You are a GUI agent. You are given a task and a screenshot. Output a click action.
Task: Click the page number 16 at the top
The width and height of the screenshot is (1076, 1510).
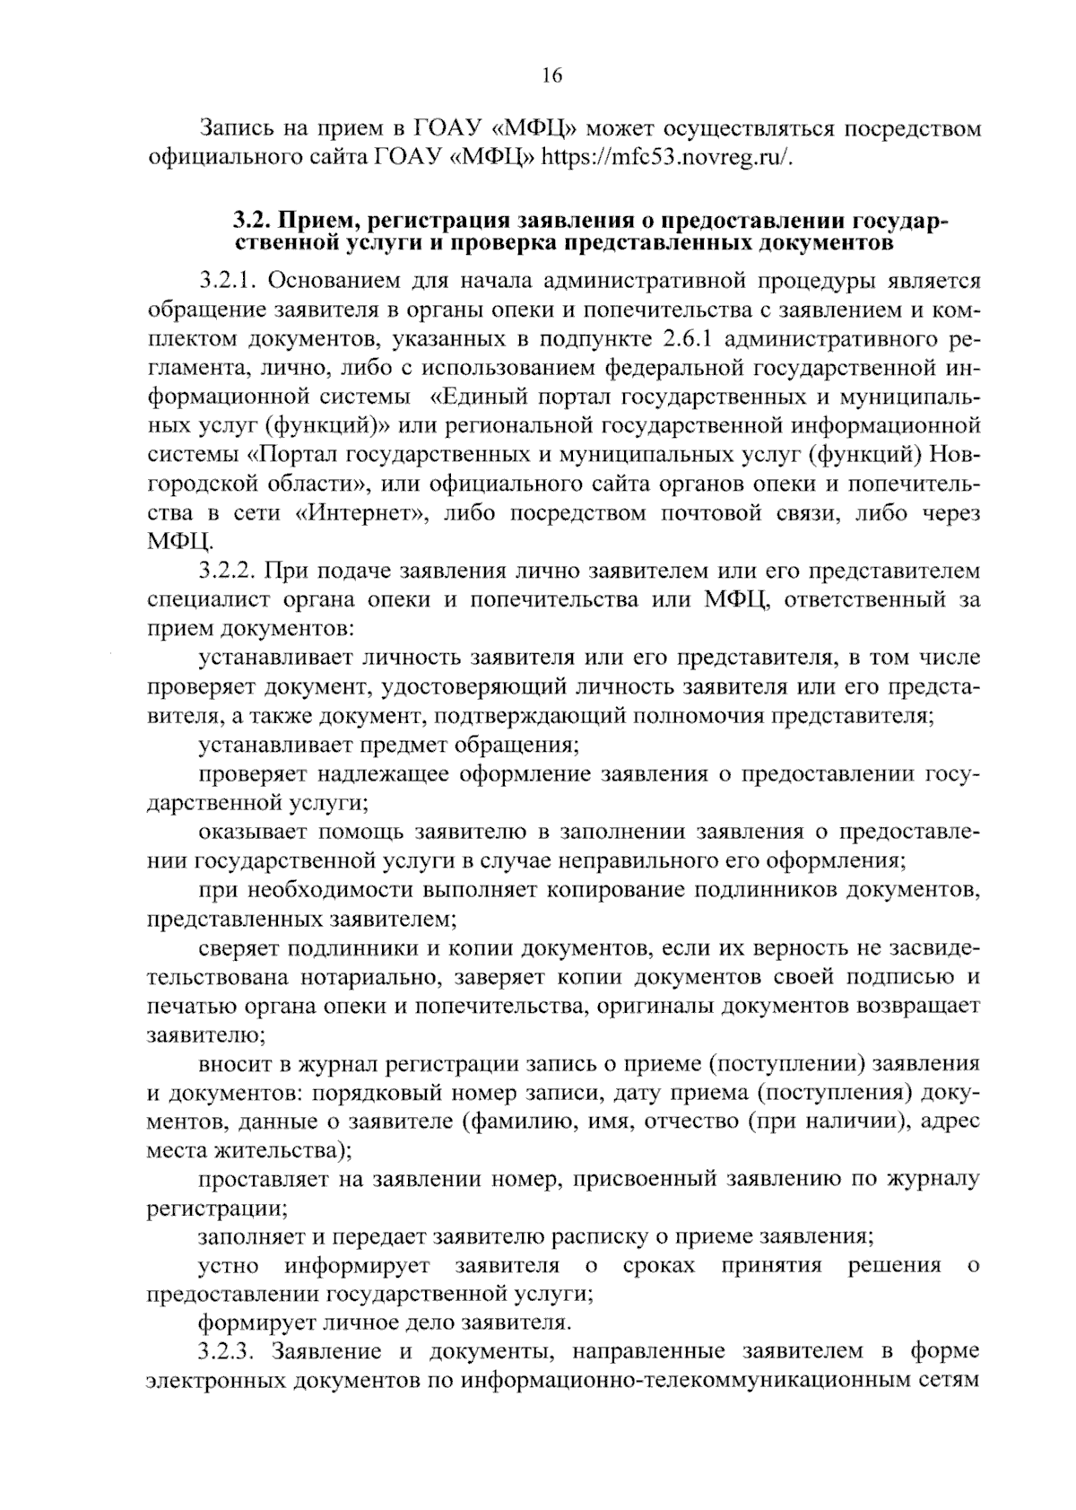[x=551, y=75]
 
